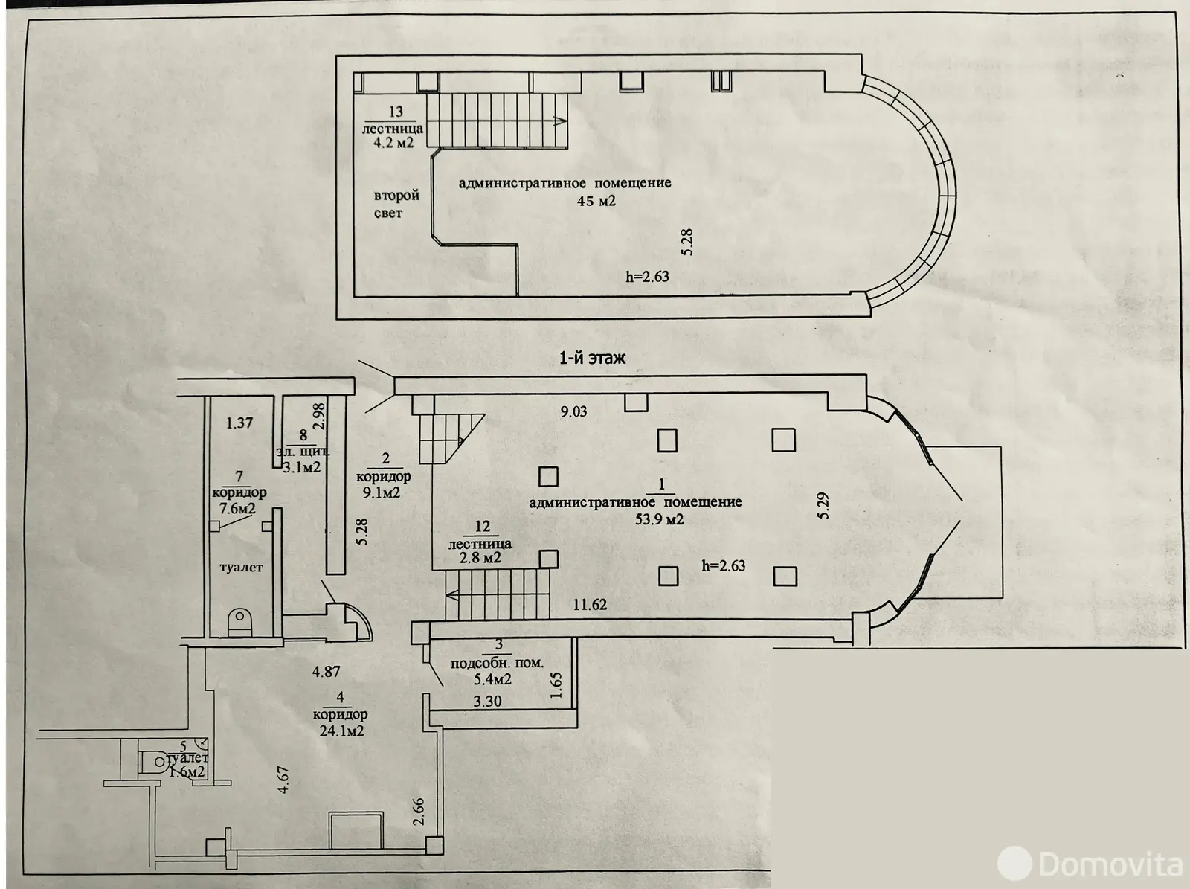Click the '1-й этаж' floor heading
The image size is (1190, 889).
592,358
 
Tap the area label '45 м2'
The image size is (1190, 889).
596,201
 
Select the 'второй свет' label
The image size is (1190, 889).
396,205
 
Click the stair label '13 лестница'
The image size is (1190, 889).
393,127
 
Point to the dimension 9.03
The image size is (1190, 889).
573,411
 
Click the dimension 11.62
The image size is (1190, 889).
589,605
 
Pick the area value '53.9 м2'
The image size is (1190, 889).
659,519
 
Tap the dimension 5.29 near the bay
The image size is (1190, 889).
823,505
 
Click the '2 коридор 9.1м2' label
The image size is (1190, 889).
384,476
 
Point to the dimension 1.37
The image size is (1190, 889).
239,423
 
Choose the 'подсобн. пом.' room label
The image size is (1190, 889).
497,663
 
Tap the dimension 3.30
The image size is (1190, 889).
487,701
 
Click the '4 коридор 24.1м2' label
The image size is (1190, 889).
341,714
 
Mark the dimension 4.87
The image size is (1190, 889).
326,671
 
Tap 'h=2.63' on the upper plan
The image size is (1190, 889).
647,277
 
